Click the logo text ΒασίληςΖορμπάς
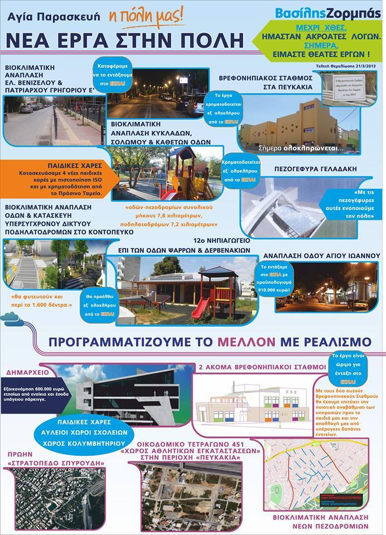[330, 13]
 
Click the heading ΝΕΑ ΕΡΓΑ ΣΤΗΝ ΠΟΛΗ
[126, 41]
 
